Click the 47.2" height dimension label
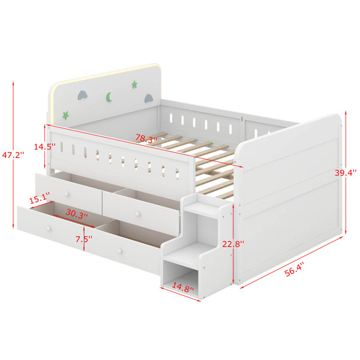point(13,155)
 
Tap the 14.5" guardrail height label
point(45,146)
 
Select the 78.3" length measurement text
point(146,139)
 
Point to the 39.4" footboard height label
point(346,173)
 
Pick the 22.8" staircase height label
point(233,244)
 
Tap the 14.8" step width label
point(183,287)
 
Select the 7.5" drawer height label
point(84,239)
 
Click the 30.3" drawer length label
point(77,214)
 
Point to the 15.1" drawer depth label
point(40,198)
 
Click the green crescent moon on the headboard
point(109,97)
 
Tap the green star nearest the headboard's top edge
point(134,85)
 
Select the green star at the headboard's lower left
point(65,115)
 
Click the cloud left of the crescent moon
point(83,95)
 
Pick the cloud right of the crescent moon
point(149,98)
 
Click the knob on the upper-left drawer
point(67,194)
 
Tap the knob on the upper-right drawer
point(137,214)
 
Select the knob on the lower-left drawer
point(49,229)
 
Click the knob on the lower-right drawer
point(119,251)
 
